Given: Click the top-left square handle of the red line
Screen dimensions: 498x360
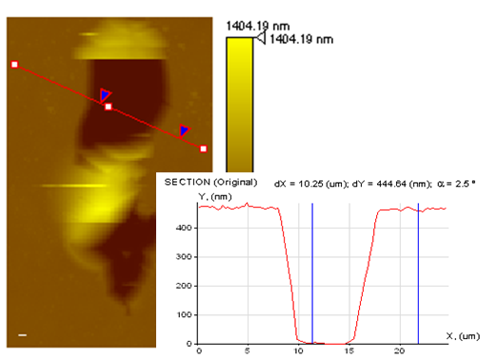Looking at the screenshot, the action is click(14, 65).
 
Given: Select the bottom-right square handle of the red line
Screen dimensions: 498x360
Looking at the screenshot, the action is click(203, 149).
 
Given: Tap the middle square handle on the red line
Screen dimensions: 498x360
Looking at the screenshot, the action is click(109, 107).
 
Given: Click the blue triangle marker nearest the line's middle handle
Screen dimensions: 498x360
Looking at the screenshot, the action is click(105, 94).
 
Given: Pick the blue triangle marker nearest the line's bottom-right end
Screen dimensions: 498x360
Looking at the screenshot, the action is click(184, 130).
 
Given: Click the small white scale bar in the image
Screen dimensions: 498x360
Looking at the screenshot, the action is click(22, 335).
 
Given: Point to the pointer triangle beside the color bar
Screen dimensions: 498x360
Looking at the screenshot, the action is click(261, 38).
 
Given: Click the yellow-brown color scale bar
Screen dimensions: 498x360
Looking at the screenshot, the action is click(240, 105).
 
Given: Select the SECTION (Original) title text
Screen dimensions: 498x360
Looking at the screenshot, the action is click(210, 183).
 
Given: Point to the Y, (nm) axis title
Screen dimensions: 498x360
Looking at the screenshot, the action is click(215, 197).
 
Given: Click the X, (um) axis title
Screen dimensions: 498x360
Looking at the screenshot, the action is click(463, 336).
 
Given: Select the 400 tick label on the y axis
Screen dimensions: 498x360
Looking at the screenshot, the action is click(184, 228).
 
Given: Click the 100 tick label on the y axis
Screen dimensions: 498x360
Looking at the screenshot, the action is click(184, 315).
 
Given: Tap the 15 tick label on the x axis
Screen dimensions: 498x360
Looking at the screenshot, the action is click(349, 350).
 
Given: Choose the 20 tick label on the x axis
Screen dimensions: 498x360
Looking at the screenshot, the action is click(400, 350).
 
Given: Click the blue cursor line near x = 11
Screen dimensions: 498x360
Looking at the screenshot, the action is click(312, 273).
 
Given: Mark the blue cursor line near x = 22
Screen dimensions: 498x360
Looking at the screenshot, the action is click(418, 273).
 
